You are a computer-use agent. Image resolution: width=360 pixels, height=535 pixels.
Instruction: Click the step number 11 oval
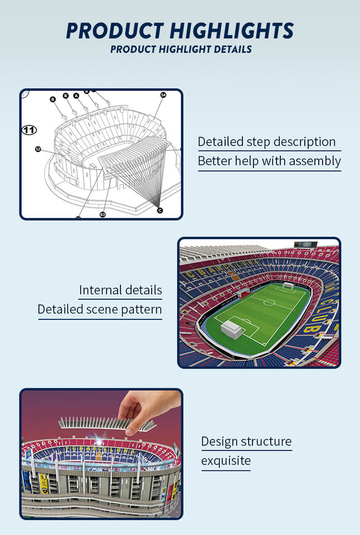(x=29, y=130)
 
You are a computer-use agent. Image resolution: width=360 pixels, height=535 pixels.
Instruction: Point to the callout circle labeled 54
(x=163, y=95)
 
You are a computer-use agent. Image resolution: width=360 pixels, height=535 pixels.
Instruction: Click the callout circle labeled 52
(x=38, y=149)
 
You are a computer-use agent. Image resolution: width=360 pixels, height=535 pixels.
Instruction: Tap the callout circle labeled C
(x=160, y=210)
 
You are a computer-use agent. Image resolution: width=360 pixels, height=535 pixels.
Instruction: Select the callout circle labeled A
(x=76, y=95)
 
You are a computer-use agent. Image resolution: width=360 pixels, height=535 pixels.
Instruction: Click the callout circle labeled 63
(x=103, y=214)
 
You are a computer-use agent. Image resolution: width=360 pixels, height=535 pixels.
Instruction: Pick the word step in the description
(x=258, y=142)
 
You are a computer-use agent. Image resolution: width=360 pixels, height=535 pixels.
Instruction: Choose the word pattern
(x=141, y=309)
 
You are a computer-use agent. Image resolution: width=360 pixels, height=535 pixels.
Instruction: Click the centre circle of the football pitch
(x=269, y=303)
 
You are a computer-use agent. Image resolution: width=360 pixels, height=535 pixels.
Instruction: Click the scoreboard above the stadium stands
(x=306, y=245)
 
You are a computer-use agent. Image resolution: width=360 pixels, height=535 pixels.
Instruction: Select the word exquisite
(x=226, y=461)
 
